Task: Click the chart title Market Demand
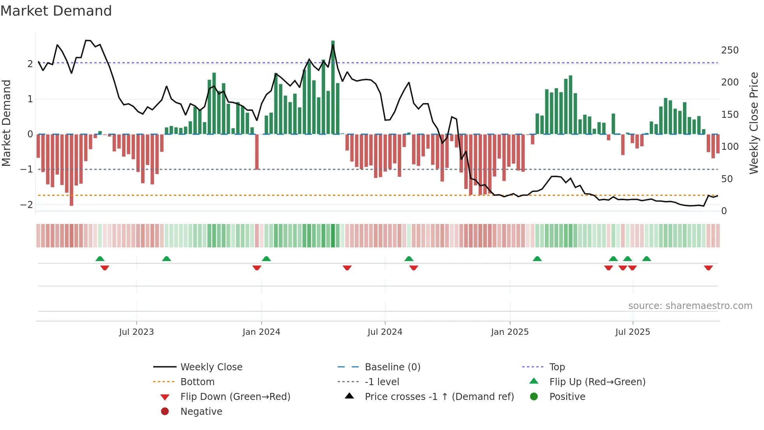point(56,11)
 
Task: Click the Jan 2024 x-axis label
point(261,332)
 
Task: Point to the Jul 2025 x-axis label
point(632,332)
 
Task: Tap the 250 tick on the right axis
point(730,50)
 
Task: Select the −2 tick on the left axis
point(27,204)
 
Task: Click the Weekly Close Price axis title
point(754,123)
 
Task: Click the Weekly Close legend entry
point(211,367)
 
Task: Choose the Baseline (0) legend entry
point(392,367)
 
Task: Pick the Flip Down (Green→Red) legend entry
point(235,397)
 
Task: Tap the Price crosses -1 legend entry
point(439,397)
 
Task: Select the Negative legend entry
point(201,412)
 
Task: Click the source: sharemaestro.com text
point(690,306)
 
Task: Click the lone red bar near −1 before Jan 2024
point(257,152)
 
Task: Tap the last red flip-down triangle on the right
point(708,268)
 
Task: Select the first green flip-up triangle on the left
point(100,259)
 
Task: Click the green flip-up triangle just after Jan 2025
point(537,259)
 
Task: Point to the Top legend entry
point(557,367)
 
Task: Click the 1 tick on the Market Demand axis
point(30,99)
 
